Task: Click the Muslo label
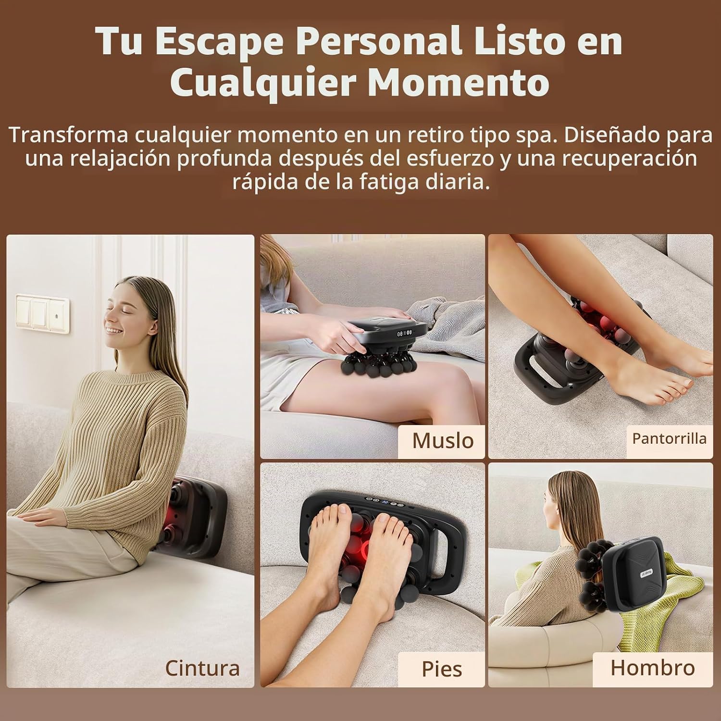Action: click(443, 441)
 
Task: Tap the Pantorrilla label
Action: click(669, 438)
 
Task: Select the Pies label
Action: click(442, 669)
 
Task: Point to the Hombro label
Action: click(652, 668)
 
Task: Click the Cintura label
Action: click(202, 668)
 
